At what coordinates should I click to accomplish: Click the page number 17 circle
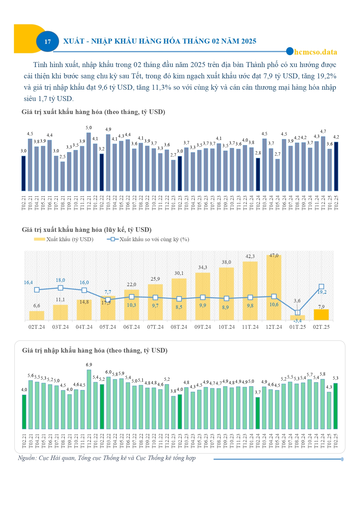point(48,41)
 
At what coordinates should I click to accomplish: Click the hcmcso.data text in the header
point(316,52)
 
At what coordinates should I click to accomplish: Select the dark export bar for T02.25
point(336,166)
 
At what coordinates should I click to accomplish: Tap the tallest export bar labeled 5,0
point(89,162)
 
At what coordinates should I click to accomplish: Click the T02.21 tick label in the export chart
point(24,203)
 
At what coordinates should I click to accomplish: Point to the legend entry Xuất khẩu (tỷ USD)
point(64,239)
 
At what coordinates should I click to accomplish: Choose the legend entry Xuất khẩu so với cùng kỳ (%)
point(148,239)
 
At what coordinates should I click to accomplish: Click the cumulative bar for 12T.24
point(274,288)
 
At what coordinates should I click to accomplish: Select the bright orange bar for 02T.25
point(321,315)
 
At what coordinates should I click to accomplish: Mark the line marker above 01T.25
point(298,313)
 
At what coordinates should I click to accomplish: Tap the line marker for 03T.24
point(60,288)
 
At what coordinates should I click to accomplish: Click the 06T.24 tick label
point(132,327)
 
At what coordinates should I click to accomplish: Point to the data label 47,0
point(274,255)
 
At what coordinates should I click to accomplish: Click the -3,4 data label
point(298,321)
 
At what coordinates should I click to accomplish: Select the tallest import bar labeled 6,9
point(89,399)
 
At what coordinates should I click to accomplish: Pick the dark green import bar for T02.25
point(335,406)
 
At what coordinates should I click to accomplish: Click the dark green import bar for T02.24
point(258,413)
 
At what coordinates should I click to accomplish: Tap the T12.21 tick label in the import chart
point(89,441)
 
